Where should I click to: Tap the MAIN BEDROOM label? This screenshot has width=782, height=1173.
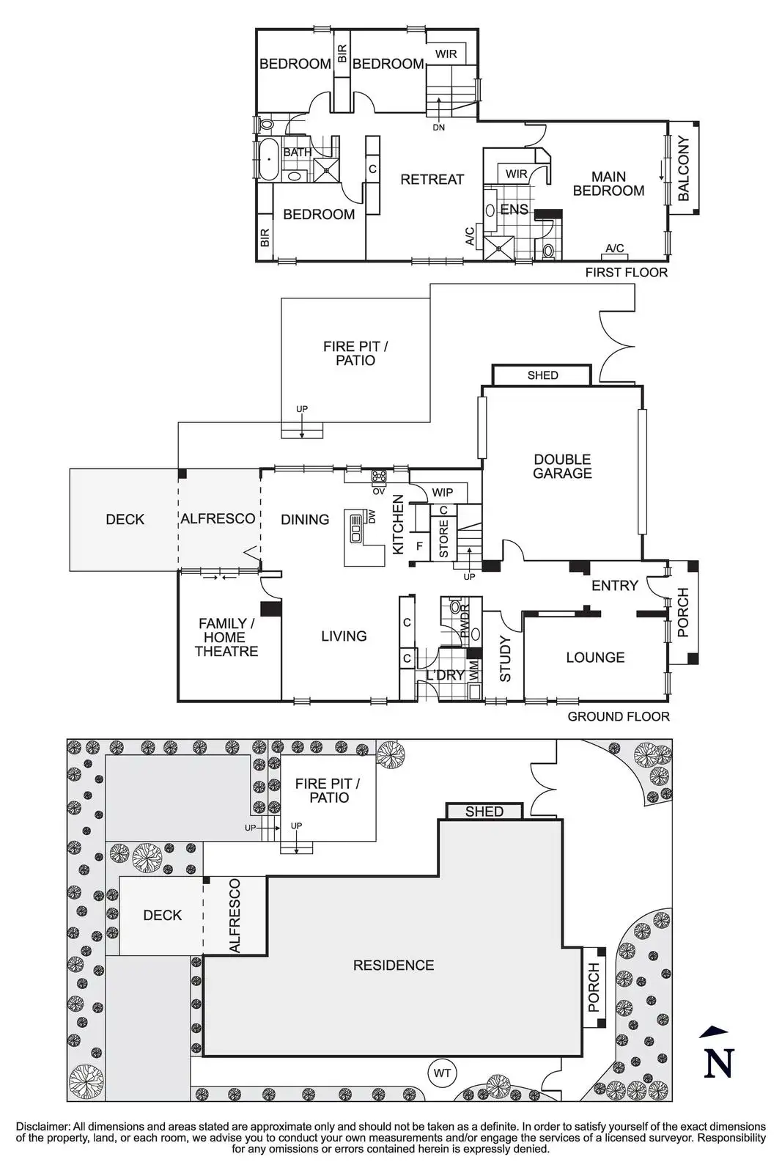point(608,183)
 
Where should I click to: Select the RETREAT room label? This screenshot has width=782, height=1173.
point(432,179)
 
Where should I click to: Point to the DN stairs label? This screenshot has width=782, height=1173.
point(438,128)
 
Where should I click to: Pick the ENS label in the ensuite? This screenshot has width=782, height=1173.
point(514,210)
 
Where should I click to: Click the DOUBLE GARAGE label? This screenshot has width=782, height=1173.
point(562,466)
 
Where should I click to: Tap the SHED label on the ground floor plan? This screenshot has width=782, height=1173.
point(542,375)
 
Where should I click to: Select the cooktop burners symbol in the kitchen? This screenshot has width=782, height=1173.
point(379,477)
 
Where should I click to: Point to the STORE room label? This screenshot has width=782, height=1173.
point(443,539)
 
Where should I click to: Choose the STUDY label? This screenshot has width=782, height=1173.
point(505,659)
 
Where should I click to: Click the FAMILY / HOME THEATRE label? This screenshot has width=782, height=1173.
point(226,637)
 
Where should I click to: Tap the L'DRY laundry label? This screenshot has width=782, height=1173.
point(446,674)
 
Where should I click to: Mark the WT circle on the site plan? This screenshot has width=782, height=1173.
point(442,1073)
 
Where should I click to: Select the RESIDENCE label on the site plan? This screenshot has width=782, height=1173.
point(394,966)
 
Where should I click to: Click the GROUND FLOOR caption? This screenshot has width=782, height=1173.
point(619,716)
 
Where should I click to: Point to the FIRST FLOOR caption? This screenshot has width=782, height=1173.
point(626,272)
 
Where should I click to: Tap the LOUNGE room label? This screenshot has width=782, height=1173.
point(595,658)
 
